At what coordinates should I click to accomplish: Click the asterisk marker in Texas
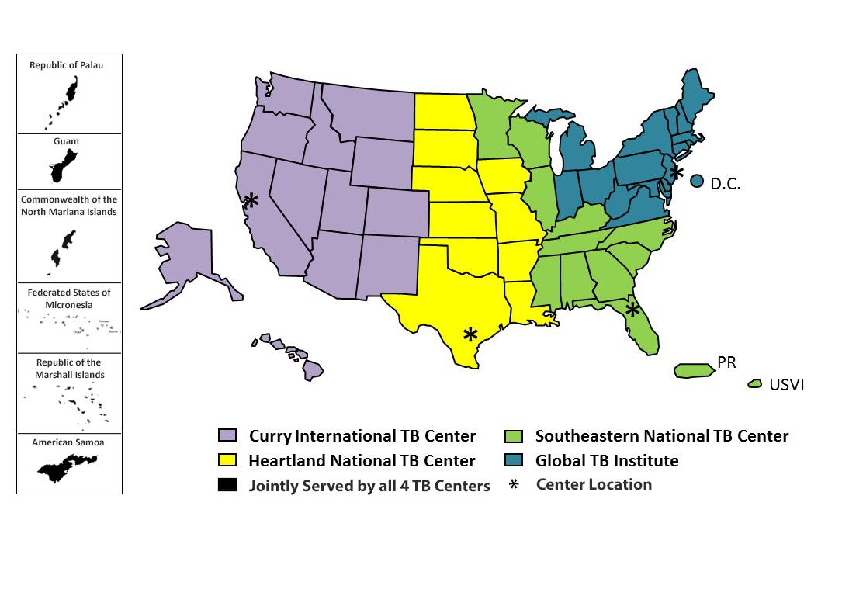coord(470,334)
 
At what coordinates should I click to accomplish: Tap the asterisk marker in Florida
coord(632,310)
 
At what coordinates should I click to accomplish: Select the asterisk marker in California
coord(251,201)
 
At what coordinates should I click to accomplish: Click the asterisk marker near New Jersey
coord(677,172)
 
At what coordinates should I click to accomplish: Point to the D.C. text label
coord(726,185)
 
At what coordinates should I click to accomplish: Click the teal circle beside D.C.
coord(697,181)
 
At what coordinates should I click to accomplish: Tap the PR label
coord(726,362)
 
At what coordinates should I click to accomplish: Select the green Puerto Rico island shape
coord(694,371)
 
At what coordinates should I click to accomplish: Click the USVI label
coord(786,384)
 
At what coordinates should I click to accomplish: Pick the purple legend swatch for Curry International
coord(227,436)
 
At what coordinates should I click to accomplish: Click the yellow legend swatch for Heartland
coord(227,461)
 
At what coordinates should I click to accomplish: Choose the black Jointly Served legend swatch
coord(227,486)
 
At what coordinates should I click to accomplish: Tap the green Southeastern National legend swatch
coord(513,436)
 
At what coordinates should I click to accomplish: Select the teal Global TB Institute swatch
coord(513,461)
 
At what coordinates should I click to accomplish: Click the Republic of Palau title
coord(66,65)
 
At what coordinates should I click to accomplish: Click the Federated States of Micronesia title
coord(69,299)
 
